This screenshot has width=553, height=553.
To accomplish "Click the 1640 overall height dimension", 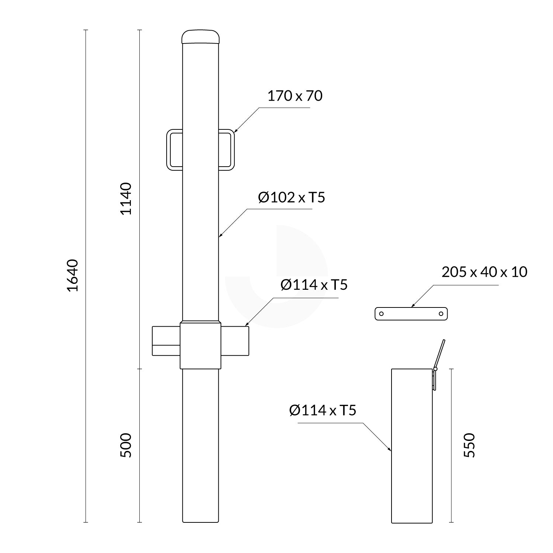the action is click(73, 275).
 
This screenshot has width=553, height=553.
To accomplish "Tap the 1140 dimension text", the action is click(126, 198).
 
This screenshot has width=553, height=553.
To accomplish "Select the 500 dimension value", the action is click(126, 445).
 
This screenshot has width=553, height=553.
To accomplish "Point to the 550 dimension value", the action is click(469, 445).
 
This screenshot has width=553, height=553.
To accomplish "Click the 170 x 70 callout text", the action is click(295, 96).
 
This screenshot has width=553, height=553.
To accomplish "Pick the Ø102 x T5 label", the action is click(292, 198).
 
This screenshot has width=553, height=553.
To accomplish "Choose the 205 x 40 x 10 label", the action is click(484, 272).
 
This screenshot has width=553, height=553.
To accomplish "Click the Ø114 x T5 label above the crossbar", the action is click(314, 285).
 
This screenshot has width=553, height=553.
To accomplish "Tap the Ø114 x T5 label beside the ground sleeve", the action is click(323, 410).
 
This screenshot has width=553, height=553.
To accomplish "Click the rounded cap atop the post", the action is click(201, 37).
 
